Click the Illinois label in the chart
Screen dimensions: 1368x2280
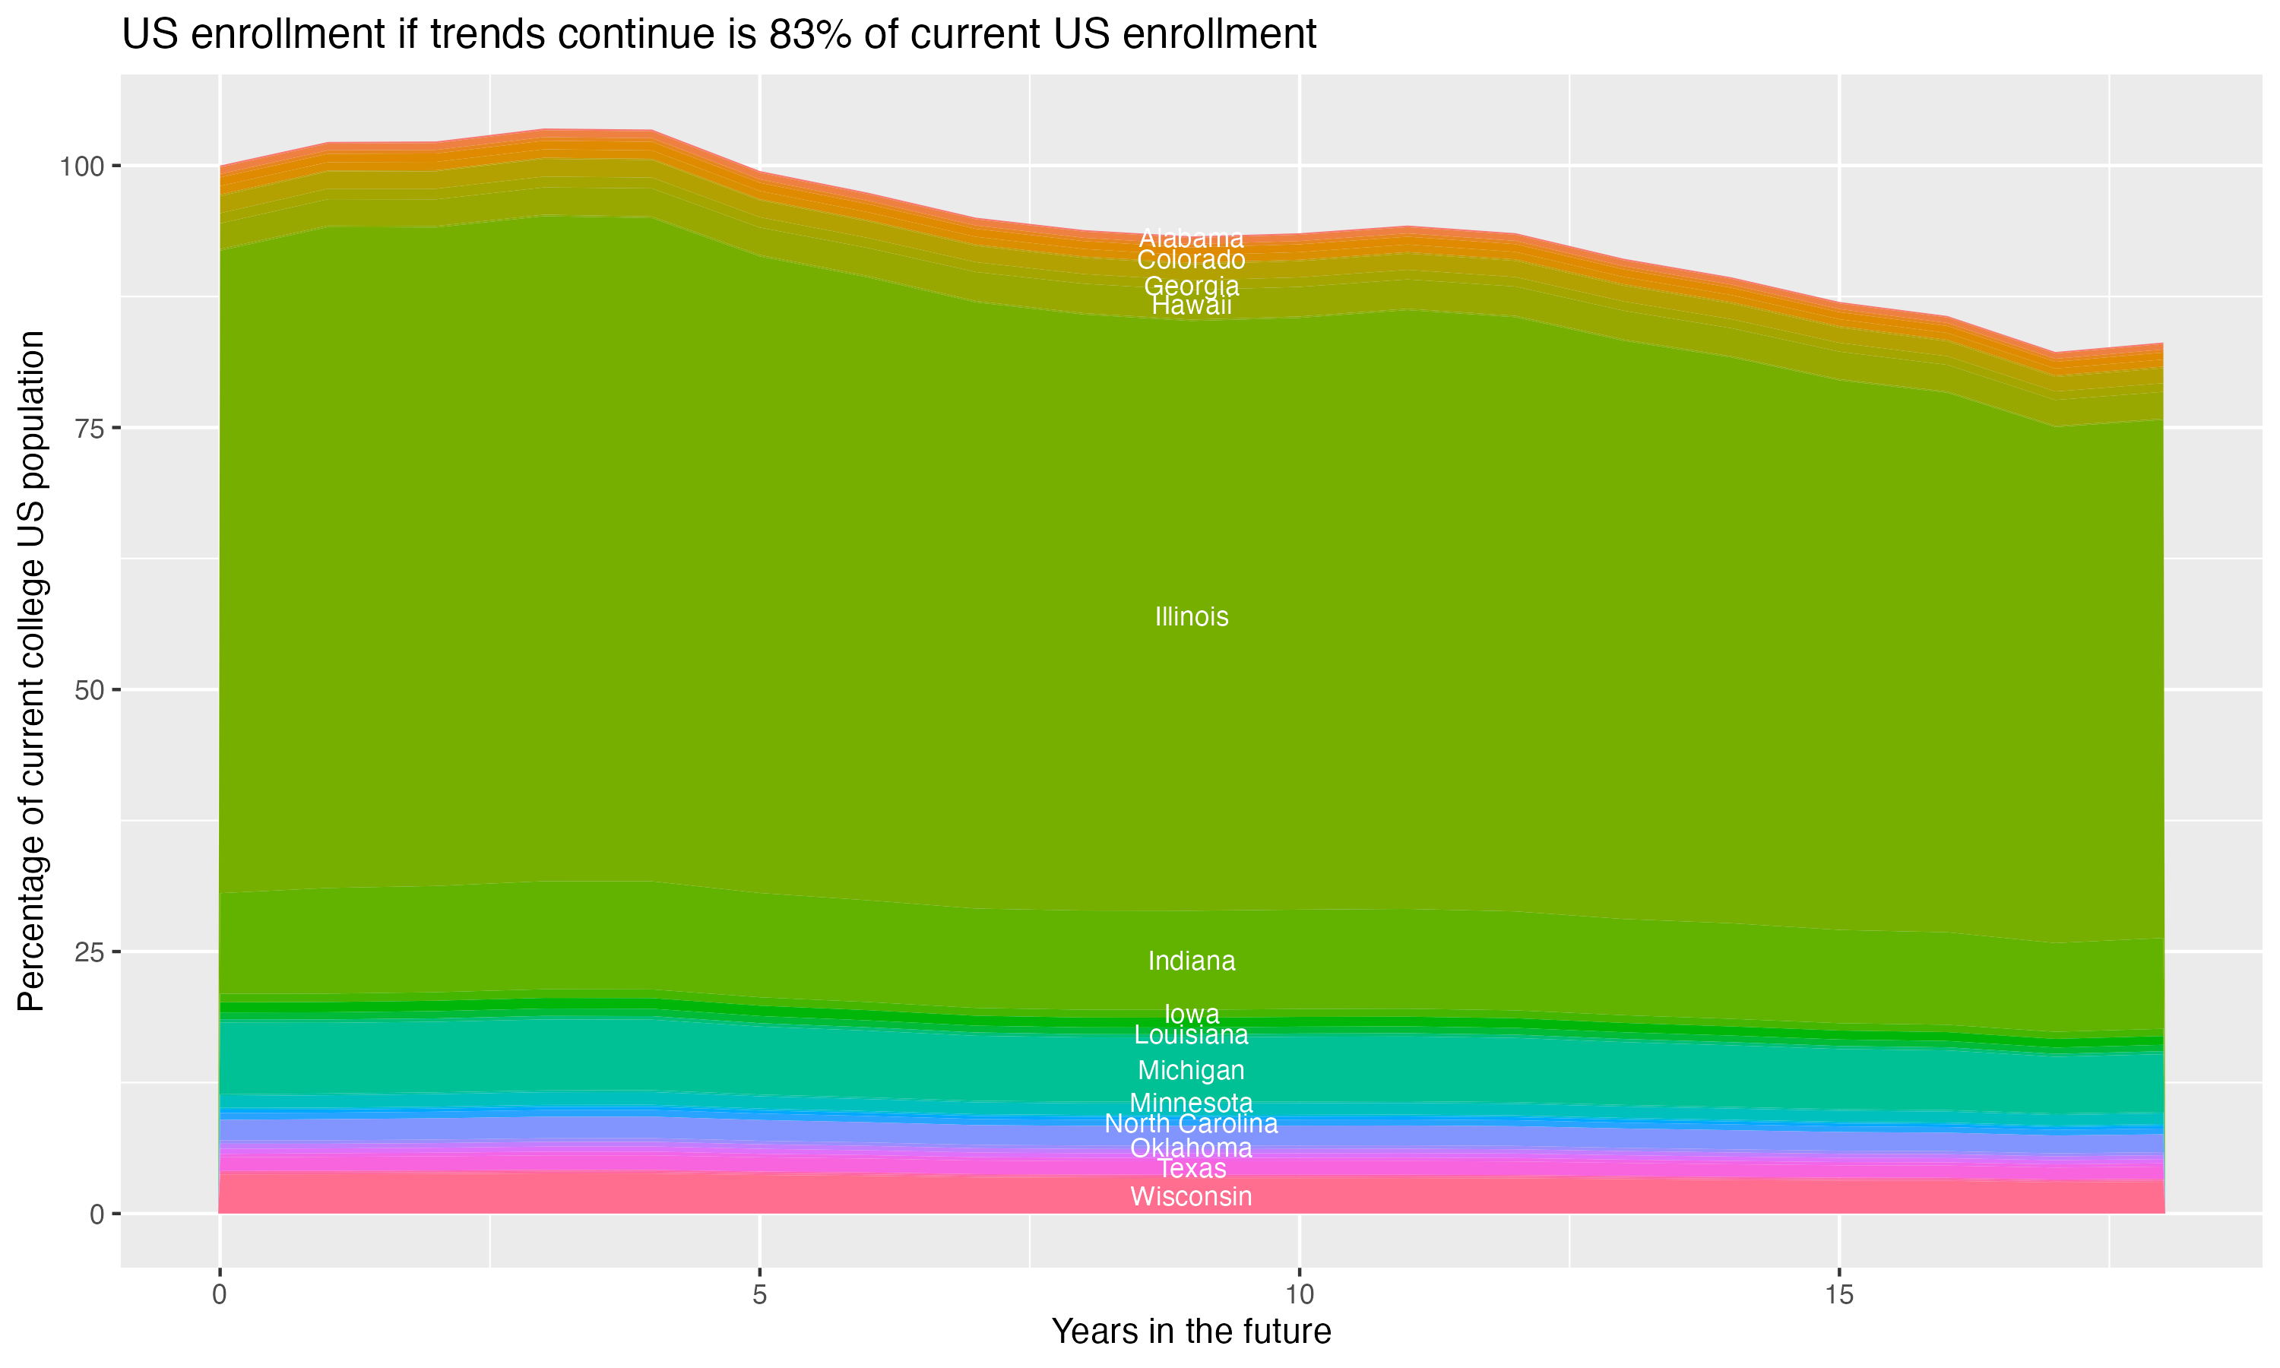(1191, 616)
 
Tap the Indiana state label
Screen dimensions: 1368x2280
(1191, 961)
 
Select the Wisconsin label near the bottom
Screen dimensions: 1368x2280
(1191, 1196)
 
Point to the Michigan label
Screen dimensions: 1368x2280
(1191, 1070)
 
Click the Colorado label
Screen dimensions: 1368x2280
(1191, 260)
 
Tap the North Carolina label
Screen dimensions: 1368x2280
(1191, 1124)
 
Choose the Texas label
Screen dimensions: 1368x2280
(1191, 1169)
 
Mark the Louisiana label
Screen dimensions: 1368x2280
(1191, 1035)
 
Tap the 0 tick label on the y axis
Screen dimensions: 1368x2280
(96, 1214)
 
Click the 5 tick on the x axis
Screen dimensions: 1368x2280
(759, 1295)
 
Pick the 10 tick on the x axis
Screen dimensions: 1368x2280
(1299, 1295)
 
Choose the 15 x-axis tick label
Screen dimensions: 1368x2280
(1838, 1295)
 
